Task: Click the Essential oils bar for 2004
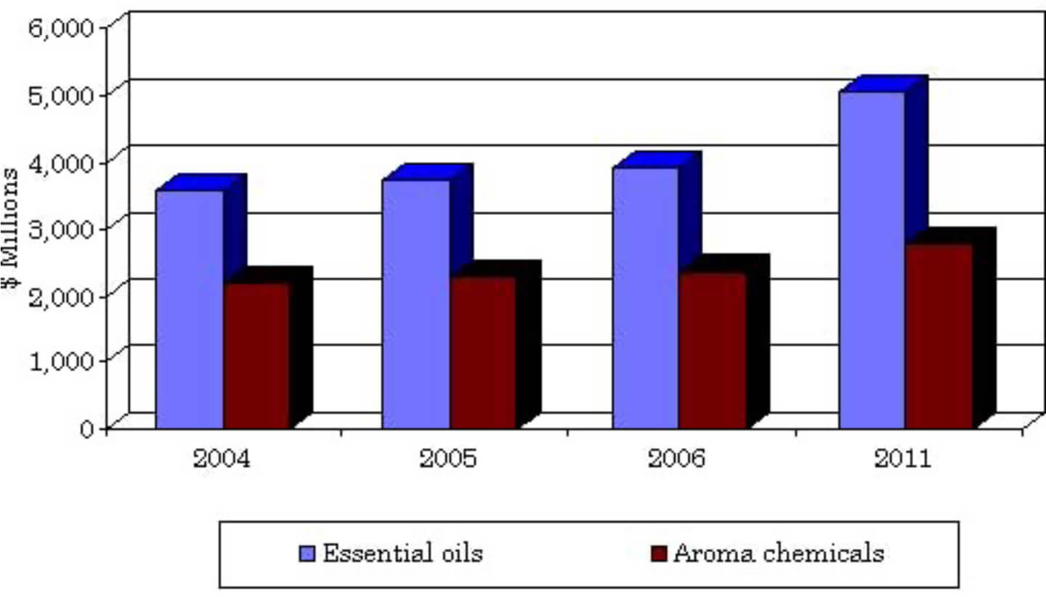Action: (x=190, y=309)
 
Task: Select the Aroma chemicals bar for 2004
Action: (x=256, y=355)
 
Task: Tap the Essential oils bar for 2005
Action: (x=416, y=304)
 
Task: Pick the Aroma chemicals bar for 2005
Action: (x=483, y=352)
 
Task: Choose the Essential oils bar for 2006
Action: (x=645, y=298)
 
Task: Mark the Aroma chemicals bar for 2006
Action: (x=712, y=350)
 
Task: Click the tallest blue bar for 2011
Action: (x=872, y=260)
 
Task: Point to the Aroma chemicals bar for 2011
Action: (x=938, y=336)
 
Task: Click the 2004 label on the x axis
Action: (x=222, y=459)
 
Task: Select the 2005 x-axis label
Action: (x=448, y=459)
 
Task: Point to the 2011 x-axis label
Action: (x=902, y=459)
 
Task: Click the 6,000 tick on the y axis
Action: (x=62, y=28)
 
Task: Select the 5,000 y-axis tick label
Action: (x=62, y=94)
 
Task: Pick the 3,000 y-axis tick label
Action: (x=62, y=228)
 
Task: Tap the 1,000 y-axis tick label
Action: (x=62, y=361)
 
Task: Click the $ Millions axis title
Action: (x=12, y=230)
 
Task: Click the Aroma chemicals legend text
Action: (x=779, y=553)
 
